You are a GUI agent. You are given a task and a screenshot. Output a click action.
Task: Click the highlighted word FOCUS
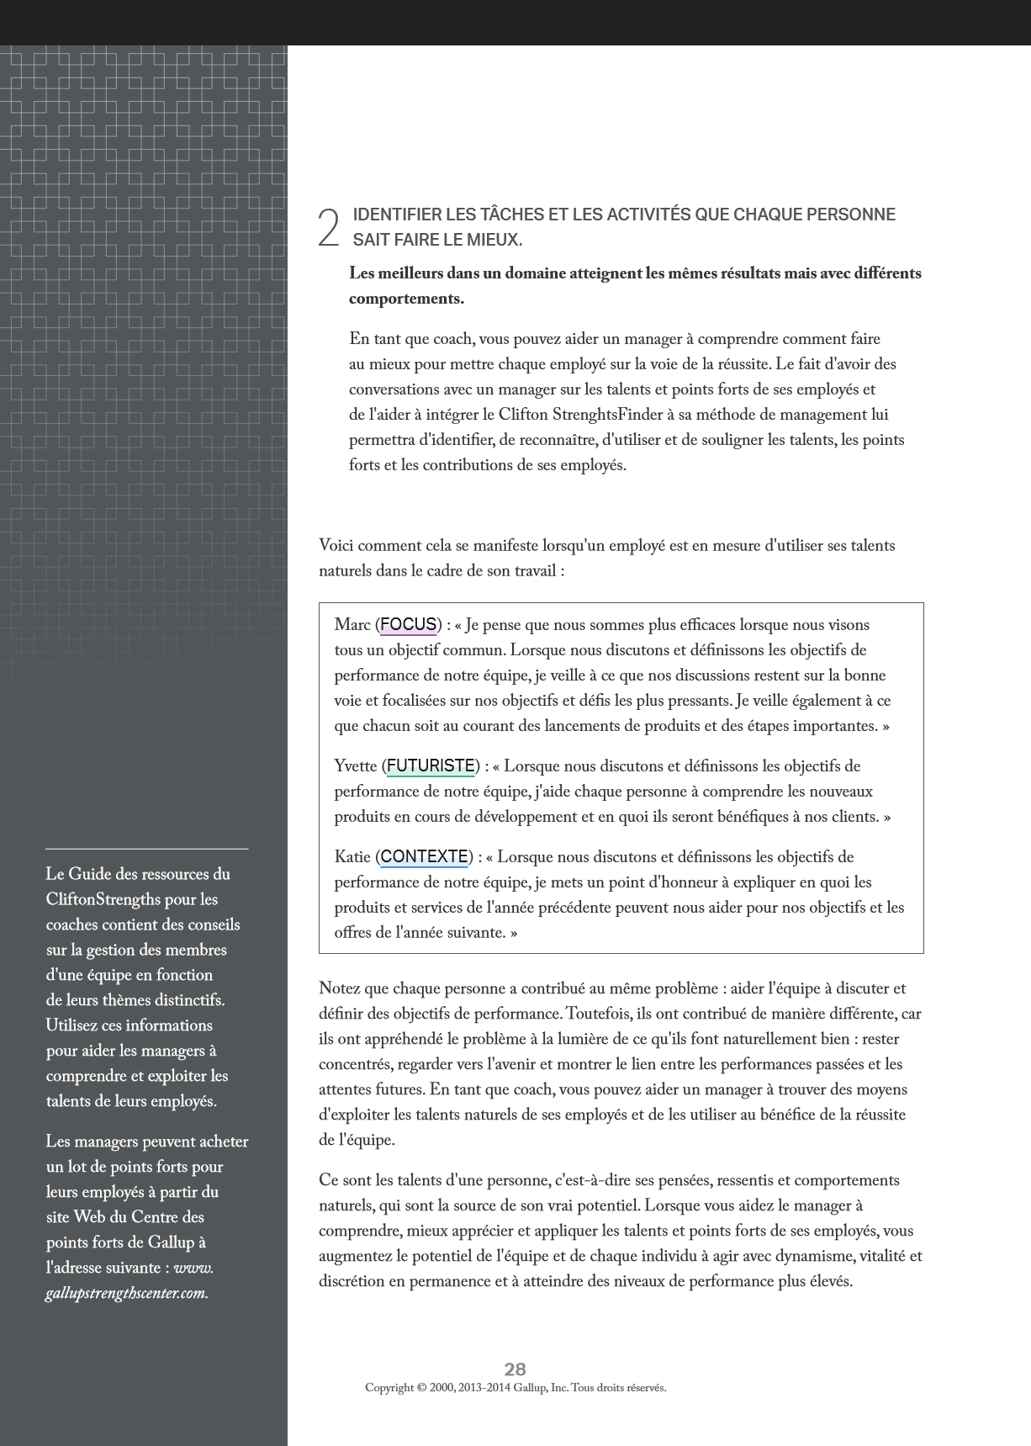pyautogui.click(x=408, y=624)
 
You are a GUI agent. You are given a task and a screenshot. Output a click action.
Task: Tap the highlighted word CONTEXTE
pyautogui.click(x=424, y=856)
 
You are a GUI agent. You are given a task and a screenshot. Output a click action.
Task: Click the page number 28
pyautogui.click(x=515, y=1369)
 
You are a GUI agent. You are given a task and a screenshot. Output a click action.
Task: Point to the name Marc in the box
pyautogui.click(x=352, y=625)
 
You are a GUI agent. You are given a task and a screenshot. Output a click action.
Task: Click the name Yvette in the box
pyautogui.click(x=356, y=766)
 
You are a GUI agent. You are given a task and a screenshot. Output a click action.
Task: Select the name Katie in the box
pyautogui.click(x=352, y=857)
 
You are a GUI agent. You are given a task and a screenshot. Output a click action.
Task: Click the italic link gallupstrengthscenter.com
pyautogui.click(x=126, y=1293)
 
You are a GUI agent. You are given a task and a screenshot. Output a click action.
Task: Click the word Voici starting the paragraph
pyautogui.click(x=336, y=546)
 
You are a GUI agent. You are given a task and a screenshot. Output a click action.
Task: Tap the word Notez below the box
pyautogui.click(x=339, y=988)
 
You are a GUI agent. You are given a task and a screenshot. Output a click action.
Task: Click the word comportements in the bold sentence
pyautogui.click(x=405, y=299)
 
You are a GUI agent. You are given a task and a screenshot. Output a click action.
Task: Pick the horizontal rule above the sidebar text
pyautogui.click(x=146, y=849)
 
